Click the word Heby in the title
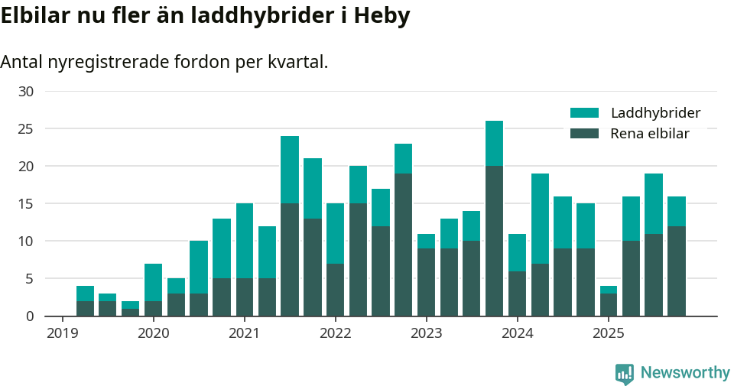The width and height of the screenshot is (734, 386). (x=383, y=16)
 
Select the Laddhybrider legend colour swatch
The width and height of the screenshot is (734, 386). (x=584, y=113)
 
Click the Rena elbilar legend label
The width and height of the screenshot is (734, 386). (x=650, y=134)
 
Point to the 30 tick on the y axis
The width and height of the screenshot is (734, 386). (x=26, y=92)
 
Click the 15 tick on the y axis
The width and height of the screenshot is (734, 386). (x=26, y=204)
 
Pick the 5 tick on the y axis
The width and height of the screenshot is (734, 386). (x=30, y=279)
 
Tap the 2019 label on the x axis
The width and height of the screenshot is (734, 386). (x=62, y=333)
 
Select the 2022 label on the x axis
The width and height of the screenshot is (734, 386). (x=335, y=333)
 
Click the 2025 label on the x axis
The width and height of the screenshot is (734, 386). (x=609, y=333)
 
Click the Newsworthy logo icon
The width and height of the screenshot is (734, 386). (x=625, y=373)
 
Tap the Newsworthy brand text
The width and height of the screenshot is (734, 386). (x=685, y=373)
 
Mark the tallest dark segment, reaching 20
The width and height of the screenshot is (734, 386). (x=495, y=241)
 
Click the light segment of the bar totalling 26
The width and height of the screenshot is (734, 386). (x=495, y=143)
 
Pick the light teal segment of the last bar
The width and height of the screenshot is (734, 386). (x=677, y=211)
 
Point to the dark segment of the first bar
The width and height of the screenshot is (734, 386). (x=85, y=308)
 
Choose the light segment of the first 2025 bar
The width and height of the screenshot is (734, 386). (x=609, y=290)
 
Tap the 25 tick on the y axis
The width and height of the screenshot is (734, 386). (x=26, y=129)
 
